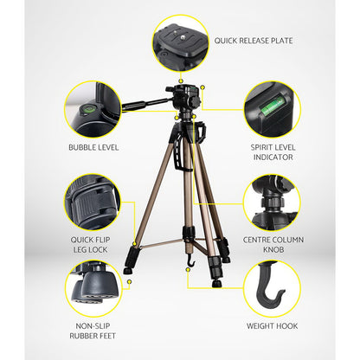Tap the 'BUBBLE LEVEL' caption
point(93,147)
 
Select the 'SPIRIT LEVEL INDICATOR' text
point(273,152)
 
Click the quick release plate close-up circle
point(180,40)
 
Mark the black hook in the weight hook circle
point(272,289)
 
